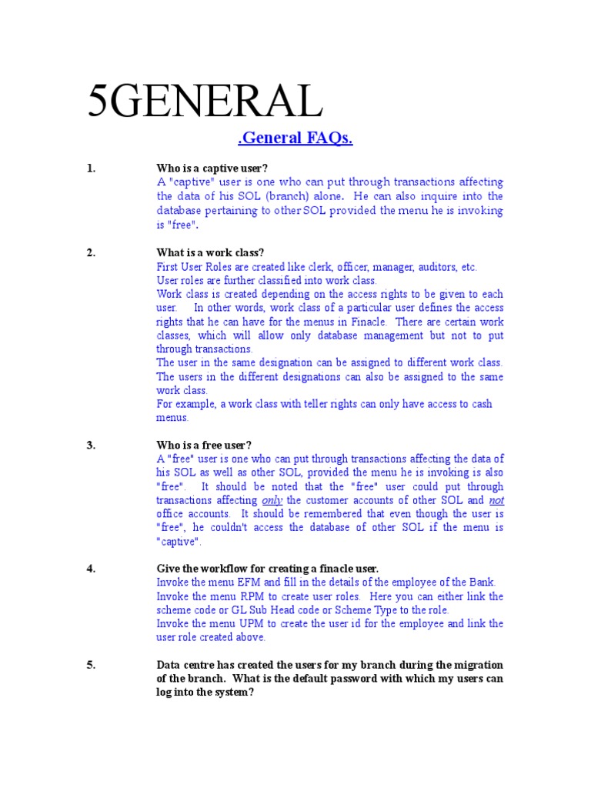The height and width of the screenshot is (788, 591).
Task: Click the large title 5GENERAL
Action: coord(202,101)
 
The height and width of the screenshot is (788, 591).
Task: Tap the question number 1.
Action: coord(91,169)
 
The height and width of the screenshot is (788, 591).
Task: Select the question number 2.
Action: coord(91,253)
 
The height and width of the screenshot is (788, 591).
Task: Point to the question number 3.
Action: coord(91,445)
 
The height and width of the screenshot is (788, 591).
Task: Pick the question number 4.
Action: coord(91,568)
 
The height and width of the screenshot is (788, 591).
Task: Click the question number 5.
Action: coord(91,665)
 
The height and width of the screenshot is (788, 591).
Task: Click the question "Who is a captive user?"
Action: coord(212,169)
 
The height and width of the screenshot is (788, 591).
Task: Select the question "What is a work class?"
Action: coord(210,253)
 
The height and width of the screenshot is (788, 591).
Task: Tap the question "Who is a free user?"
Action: coord(204,445)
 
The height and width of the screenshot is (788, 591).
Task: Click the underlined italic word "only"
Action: coord(272,500)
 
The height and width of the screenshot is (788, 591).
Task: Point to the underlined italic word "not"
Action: coord(496,500)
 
